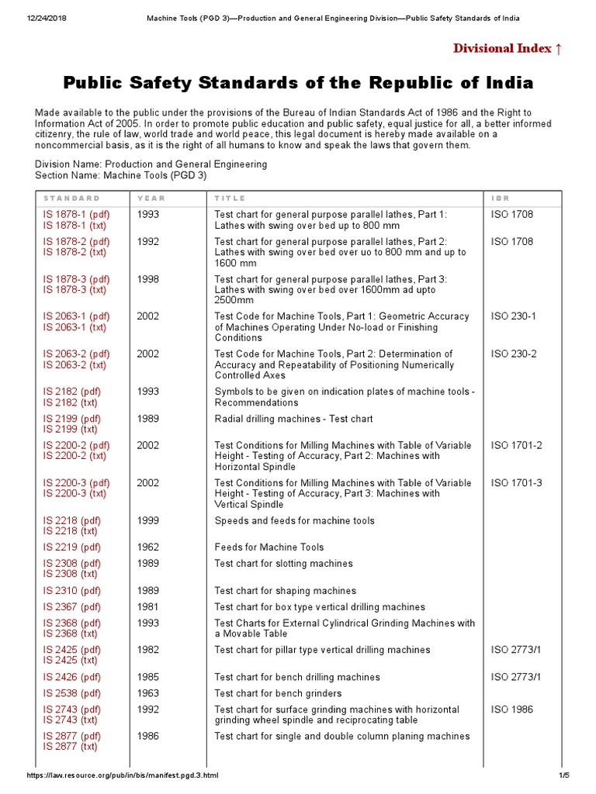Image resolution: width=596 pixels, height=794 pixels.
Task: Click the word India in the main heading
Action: pyautogui.click(x=507, y=83)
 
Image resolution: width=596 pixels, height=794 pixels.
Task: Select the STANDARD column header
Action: pyautogui.click(x=71, y=198)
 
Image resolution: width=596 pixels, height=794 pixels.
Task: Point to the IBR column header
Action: pyautogui.click(x=501, y=198)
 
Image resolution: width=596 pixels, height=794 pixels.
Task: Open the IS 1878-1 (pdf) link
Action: pyautogui.click(x=76, y=214)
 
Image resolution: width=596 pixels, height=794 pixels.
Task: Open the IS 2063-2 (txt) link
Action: pyautogui.click(x=75, y=364)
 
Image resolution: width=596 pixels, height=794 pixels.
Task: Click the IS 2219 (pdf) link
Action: pyautogui.click(x=76, y=547)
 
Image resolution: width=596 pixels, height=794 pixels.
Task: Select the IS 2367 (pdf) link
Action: pyautogui.click(x=76, y=607)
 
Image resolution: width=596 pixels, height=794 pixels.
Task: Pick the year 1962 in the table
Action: pyautogui.click(x=148, y=547)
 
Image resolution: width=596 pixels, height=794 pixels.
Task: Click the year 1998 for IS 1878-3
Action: pyautogui.click(x=148, y=279)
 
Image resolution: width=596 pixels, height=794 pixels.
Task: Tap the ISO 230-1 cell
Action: pyautogui.click(x=513, y=316)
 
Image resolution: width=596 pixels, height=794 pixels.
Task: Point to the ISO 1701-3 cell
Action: pyautogui.click(x=516, y=483)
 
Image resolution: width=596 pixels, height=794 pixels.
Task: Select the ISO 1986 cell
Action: pyautogui.click(x=511, y=709)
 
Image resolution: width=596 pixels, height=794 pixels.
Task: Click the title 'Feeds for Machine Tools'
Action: pyautogui.click(x=269, y=547)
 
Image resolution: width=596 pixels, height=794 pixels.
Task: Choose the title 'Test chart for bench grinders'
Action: pyautogui.click(x=278, y=693)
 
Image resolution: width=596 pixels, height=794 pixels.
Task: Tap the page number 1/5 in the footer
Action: pyautogui.click(x=563, y=776)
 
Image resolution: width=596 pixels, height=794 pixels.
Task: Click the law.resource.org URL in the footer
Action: pyautogui.click(x=122, y=776)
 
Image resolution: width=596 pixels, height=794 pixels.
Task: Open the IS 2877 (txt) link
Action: pyautogui.click(x=70, y=747)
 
